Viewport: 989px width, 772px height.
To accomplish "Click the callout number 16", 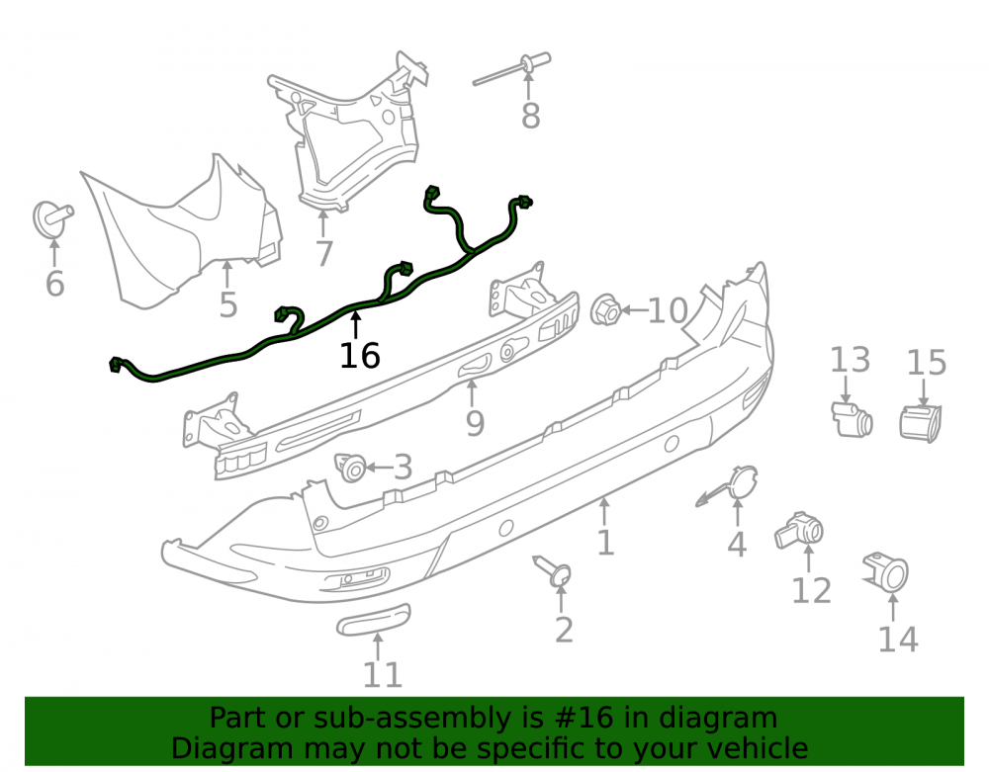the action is coord(360,356).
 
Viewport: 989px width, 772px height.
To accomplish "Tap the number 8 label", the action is coord(530,116).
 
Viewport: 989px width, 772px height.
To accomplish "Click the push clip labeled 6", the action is coord(52,218).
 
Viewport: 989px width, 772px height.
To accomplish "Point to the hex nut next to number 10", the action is coord(605,309).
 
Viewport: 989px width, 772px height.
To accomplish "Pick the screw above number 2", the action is coord(553,570).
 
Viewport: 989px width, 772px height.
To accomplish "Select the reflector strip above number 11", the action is coord(374,620).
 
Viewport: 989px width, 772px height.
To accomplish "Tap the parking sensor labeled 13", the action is coord(852,419).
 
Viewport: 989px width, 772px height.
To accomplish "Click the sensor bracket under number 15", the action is coord(920,422).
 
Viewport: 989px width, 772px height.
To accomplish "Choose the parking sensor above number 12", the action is coord(799,531).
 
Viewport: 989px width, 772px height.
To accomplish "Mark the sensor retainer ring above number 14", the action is coord(886,571).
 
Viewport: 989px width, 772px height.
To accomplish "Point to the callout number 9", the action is coord(475,422).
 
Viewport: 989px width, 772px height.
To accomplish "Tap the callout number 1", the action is coord(605,543).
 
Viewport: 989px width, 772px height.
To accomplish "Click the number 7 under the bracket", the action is coord(323,253).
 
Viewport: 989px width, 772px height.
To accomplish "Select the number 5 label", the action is coord(227,304).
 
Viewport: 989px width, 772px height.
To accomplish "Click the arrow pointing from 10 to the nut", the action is coord(635,309).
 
